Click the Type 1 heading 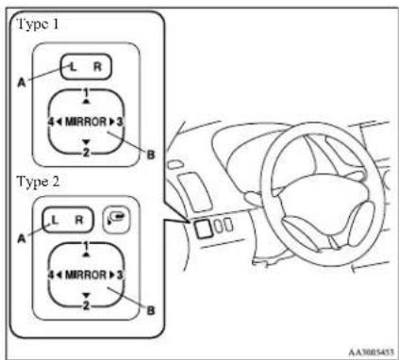pos(38,24)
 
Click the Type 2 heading pos(38,182)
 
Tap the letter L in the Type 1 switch pos(73,67)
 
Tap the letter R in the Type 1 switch pos(98,67)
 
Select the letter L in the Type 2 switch pos(55,220)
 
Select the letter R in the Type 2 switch pos(79,220)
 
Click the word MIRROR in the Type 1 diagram pos(86,122)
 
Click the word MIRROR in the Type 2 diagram pos(86,275)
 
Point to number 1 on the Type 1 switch pos(87,93)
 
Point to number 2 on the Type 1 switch pos(86,153)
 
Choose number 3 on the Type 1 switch pos(119,122)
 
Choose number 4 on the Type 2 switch pos(51,275)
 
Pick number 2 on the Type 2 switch pos(86,305)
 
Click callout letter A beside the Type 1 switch pos(22,83)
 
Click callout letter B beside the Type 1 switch pos(151,155)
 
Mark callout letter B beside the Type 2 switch pos(151,310)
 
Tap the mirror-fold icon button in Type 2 pos(117,219)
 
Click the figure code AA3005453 pos(371,352)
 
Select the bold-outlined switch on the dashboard pos(203,228)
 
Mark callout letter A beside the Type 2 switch pos(22,238)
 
